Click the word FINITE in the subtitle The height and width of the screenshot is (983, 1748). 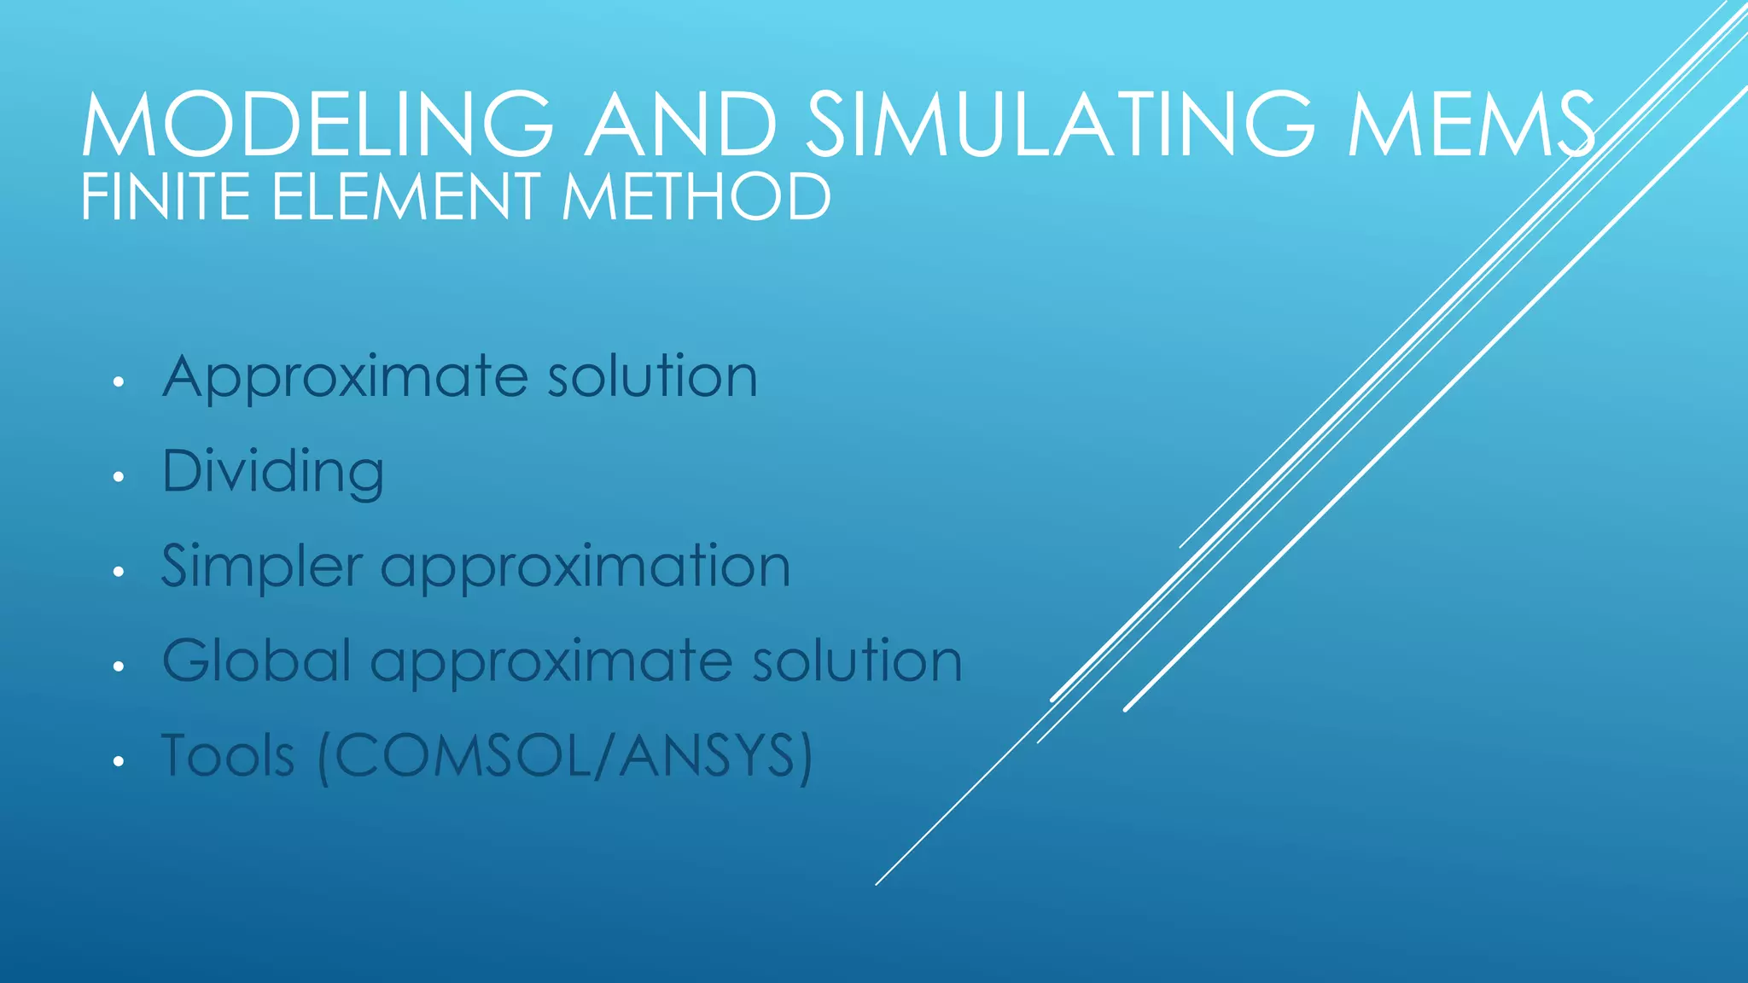pos(166,197)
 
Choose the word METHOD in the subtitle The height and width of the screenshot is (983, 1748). pos(696,197)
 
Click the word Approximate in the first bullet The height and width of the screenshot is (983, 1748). pos(346,378)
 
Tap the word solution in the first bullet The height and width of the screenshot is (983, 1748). pos(652,376)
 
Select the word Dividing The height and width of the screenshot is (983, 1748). pos(273,472)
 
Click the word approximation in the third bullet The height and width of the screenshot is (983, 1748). pos(586,567)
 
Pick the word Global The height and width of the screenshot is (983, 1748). pos(257,660)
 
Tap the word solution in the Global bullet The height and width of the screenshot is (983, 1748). pos(857,660)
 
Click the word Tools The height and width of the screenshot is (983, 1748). pos(228,755)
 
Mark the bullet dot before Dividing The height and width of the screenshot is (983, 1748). pos(119,477)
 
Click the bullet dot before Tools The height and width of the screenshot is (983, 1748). pos(119,761)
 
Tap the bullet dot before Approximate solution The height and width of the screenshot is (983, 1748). pos(119,381)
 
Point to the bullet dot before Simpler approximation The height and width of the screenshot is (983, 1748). pos(119,572)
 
